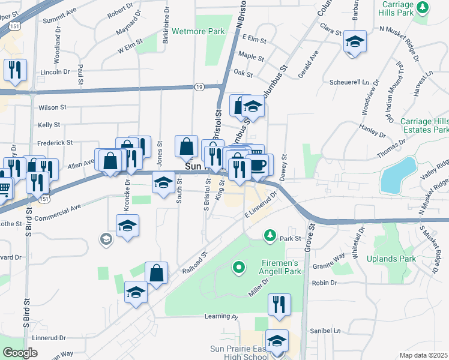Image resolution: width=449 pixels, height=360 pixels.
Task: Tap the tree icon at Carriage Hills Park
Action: pyautogui.click(x=423, y=7)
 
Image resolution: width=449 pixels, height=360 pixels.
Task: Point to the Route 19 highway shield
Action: pyautogui.click(x=198, y=87)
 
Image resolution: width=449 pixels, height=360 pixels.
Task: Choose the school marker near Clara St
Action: pyautogui.click(x=355, y=41)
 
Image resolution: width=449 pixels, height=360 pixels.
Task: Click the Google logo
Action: pyautogui.click(x=20, y=353)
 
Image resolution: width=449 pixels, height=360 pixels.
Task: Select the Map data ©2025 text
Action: pyautogui.click(x=423, y=355)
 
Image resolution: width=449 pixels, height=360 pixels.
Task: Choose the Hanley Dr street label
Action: pyautogui.click(x=372, y=130)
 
